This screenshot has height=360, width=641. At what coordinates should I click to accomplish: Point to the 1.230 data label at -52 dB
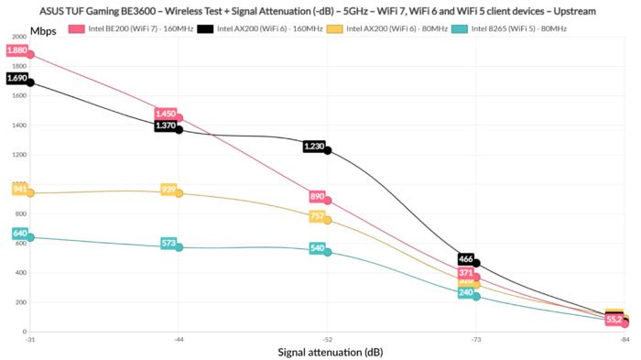[313, 147]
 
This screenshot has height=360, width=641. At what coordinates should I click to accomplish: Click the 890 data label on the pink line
[317, 196]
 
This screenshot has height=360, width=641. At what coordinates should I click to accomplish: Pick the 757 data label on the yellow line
[317, 216]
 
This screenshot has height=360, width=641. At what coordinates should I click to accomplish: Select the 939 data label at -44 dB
[168, 190]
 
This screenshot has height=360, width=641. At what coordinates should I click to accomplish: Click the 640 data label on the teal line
[20, 234]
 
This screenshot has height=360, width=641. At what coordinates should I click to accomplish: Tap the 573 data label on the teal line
[168, 244]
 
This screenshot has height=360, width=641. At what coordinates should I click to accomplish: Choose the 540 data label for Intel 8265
[317, 248]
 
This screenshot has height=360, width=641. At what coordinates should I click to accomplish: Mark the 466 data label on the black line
[465, 259]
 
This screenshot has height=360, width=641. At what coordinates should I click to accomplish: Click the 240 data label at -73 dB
[465, 293]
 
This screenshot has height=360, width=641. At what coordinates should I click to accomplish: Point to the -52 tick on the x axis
[327, 340]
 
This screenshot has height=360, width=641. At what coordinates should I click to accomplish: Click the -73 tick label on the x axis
[475, 340]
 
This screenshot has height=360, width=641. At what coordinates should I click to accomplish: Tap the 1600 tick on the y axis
[17, 96]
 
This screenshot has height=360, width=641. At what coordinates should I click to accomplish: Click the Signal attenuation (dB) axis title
[327, 352]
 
